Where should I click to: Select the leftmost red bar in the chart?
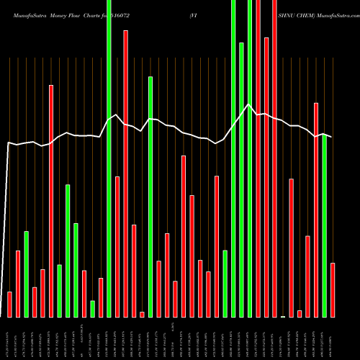click(9, 305)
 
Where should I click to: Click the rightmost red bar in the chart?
click(333, 290)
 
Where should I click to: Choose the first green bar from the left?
click(26, 274)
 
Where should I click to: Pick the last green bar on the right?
click(324, 227)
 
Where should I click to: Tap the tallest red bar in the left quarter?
click(51, 201)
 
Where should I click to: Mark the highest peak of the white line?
click(249, 106)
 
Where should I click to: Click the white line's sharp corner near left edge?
click(8, 143)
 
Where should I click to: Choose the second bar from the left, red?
click(18, 284)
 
